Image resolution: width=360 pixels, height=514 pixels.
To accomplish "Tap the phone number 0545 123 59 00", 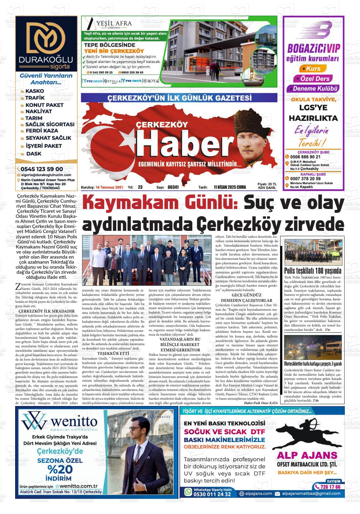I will (x=42, y=169).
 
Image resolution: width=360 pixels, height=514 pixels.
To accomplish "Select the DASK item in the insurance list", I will (x=34, y=154).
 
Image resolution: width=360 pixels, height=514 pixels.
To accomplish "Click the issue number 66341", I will (x=173, y=187).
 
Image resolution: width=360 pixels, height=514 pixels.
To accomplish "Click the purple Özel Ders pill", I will (x=312, y=79).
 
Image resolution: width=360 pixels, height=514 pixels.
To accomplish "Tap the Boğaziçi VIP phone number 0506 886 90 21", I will (x=305, y=157).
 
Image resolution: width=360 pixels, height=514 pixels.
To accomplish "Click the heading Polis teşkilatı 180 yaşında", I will (x=313, y=271).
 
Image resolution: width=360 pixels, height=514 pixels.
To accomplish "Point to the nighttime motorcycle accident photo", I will (x=313, y=347).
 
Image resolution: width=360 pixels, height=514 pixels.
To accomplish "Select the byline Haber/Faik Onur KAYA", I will (x=261, y=403).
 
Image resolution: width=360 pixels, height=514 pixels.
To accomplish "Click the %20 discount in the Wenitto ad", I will (x=60, y=469).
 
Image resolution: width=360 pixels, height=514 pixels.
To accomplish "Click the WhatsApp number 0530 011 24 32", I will (x=212, y=494).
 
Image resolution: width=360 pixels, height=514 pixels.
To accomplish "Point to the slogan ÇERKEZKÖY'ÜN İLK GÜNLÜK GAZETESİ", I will (x=179, y=98).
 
